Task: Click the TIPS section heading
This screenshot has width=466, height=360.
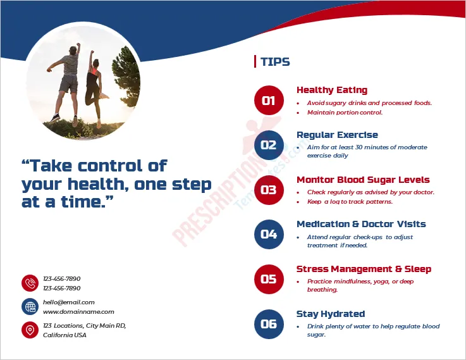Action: (275, 62)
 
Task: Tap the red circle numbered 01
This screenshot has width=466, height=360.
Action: (269, 100)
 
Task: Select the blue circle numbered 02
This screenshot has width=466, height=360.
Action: (269, 145)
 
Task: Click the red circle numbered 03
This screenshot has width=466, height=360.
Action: (269, 190)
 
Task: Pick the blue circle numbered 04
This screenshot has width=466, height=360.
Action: (269, 235)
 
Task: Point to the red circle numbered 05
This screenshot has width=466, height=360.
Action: (269, 279)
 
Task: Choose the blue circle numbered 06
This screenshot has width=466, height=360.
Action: (269, 324)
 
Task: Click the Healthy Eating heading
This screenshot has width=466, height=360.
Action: (331, 90)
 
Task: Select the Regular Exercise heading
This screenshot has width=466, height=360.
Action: (337, 135)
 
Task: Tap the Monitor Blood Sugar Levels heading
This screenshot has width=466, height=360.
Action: (363, 180)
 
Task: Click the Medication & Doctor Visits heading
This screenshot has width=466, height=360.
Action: (361, 224)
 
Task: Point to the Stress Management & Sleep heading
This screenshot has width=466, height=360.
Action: (364, 269)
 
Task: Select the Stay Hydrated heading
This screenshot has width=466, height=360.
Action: (331, 314)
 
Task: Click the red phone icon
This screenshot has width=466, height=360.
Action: (30, 283)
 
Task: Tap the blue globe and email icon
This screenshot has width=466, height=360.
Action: (30, 307)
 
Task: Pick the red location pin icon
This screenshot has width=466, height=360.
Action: (30, 330)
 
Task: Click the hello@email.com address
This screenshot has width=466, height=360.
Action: (69, 302)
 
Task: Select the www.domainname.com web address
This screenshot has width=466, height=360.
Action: (78, 312)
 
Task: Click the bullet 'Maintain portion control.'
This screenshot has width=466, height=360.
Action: (345, 113)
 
